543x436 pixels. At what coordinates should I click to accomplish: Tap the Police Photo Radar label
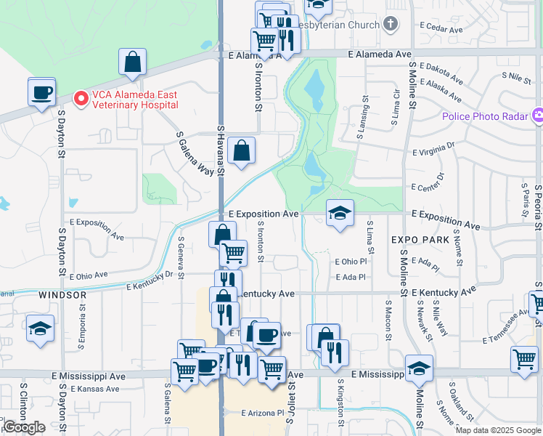(487, 116)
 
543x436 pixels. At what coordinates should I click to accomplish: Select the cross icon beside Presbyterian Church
(391, 24)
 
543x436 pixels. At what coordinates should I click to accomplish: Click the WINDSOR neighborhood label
(62, 295)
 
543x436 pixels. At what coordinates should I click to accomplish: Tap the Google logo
(24, 427)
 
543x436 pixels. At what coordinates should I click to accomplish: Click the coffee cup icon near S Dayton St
(41, 92)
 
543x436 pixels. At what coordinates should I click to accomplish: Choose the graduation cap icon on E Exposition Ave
(340, 213)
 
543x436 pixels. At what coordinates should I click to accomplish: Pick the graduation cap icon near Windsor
(40, 328)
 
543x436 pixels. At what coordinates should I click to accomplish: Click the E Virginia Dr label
(433, 148)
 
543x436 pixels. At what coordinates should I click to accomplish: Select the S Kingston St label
(340, 403)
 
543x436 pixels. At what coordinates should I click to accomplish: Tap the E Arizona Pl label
(261, 412)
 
